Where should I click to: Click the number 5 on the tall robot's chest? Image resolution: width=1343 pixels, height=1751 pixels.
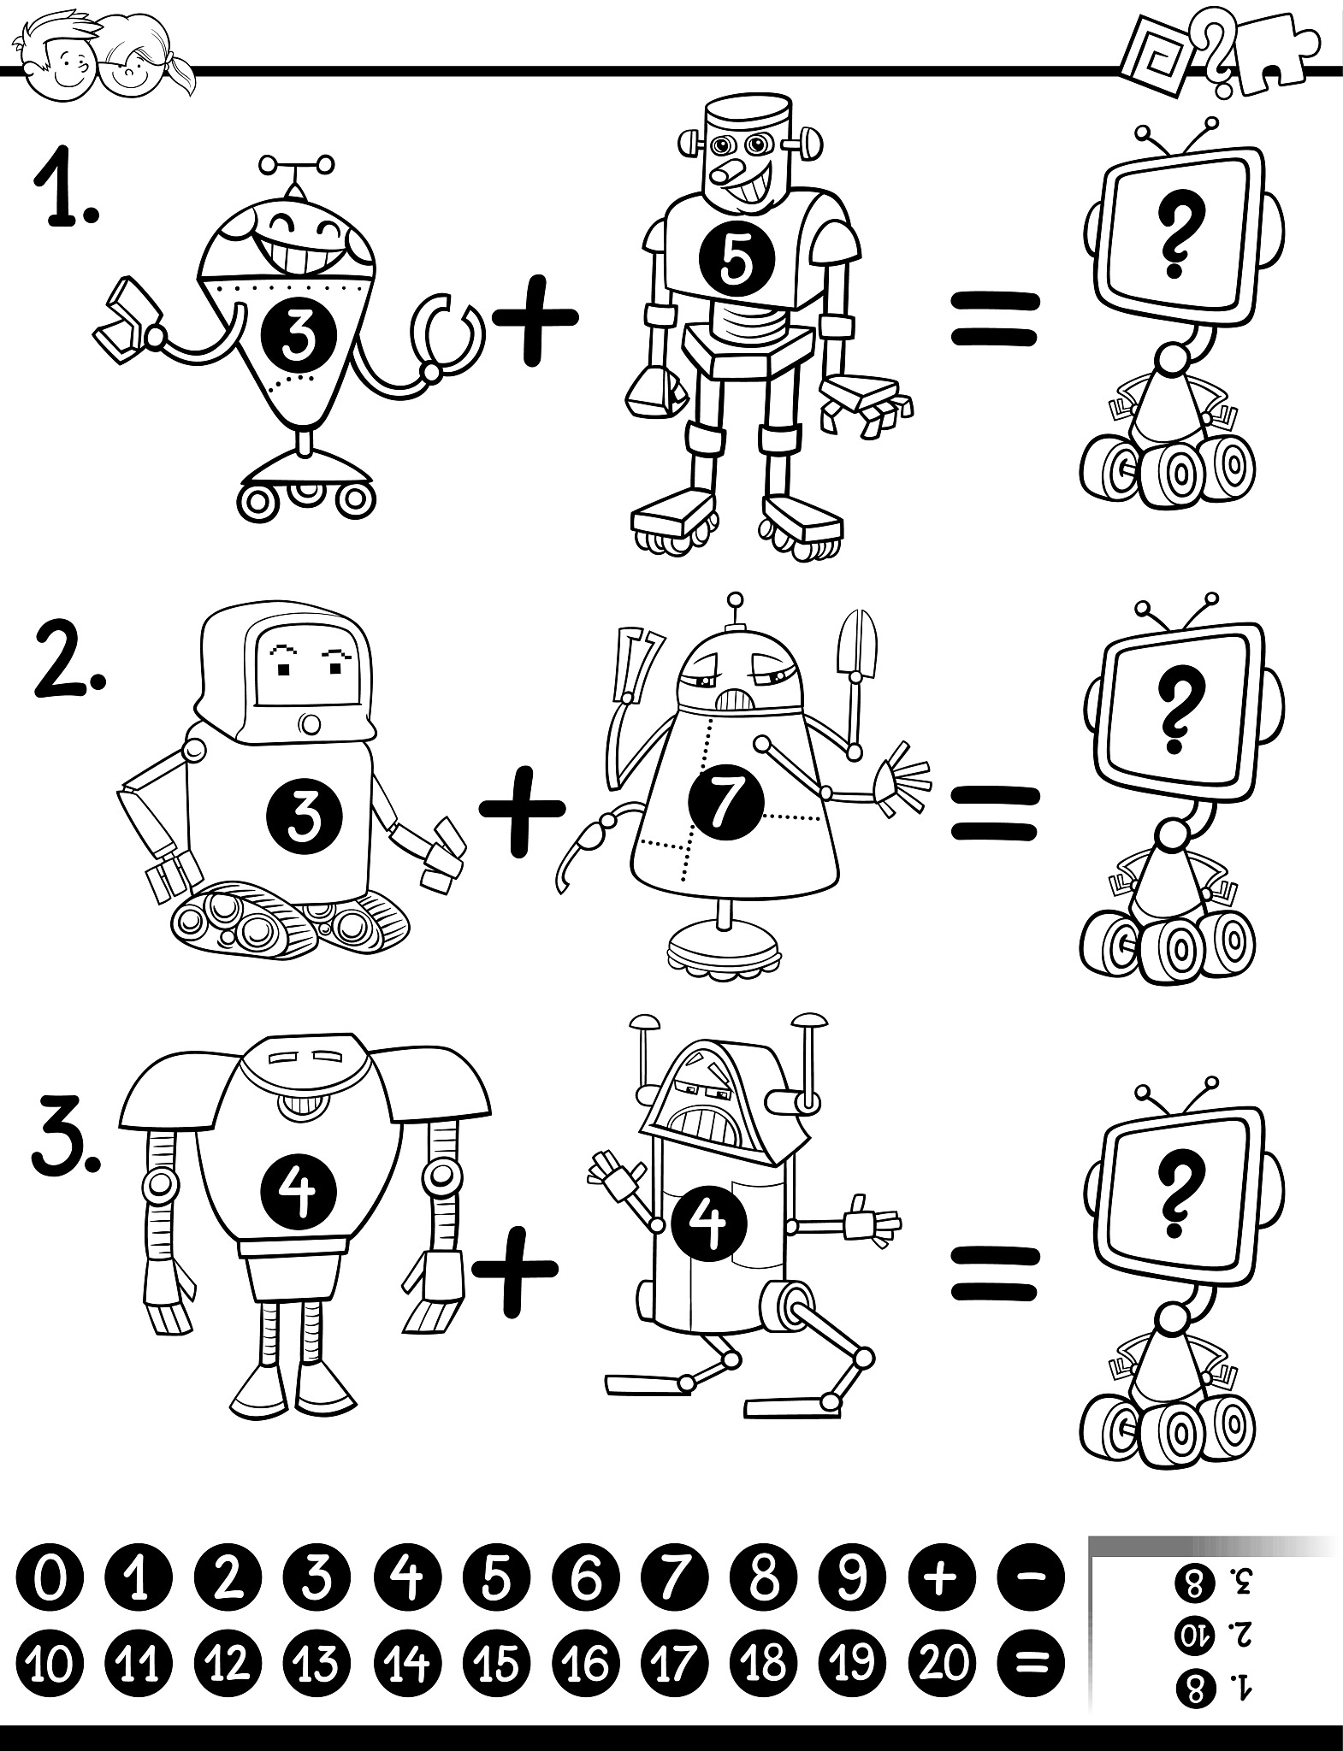tap(737, 260)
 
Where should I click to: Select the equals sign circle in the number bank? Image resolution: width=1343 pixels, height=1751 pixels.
tap(1033, 1664)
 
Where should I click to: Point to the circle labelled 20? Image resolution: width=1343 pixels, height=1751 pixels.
tap(944, 1664)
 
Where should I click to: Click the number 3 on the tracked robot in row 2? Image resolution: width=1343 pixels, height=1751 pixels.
tap(305, 816)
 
